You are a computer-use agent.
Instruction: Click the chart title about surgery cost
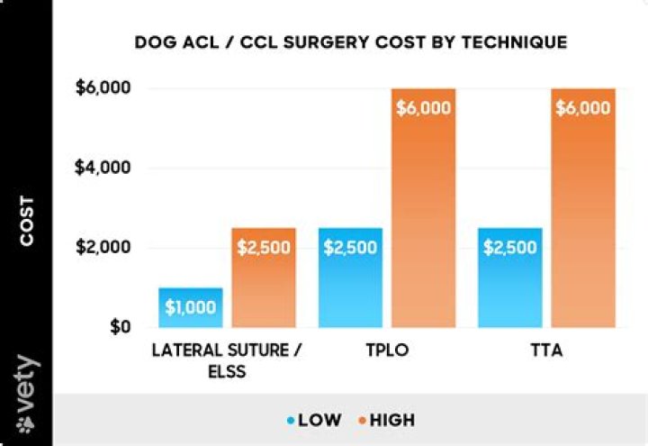[x=351, y=42]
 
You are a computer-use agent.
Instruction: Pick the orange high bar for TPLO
[x=423, y=208]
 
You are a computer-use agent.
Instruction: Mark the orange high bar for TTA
[x=582, y=208]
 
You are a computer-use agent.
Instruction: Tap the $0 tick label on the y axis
[x=118, y=326]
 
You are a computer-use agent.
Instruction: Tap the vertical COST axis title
[x=27, y=221]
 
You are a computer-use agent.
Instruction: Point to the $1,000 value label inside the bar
[x=191, y=307]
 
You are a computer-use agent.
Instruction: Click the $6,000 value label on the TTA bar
[x=582, y=107]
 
